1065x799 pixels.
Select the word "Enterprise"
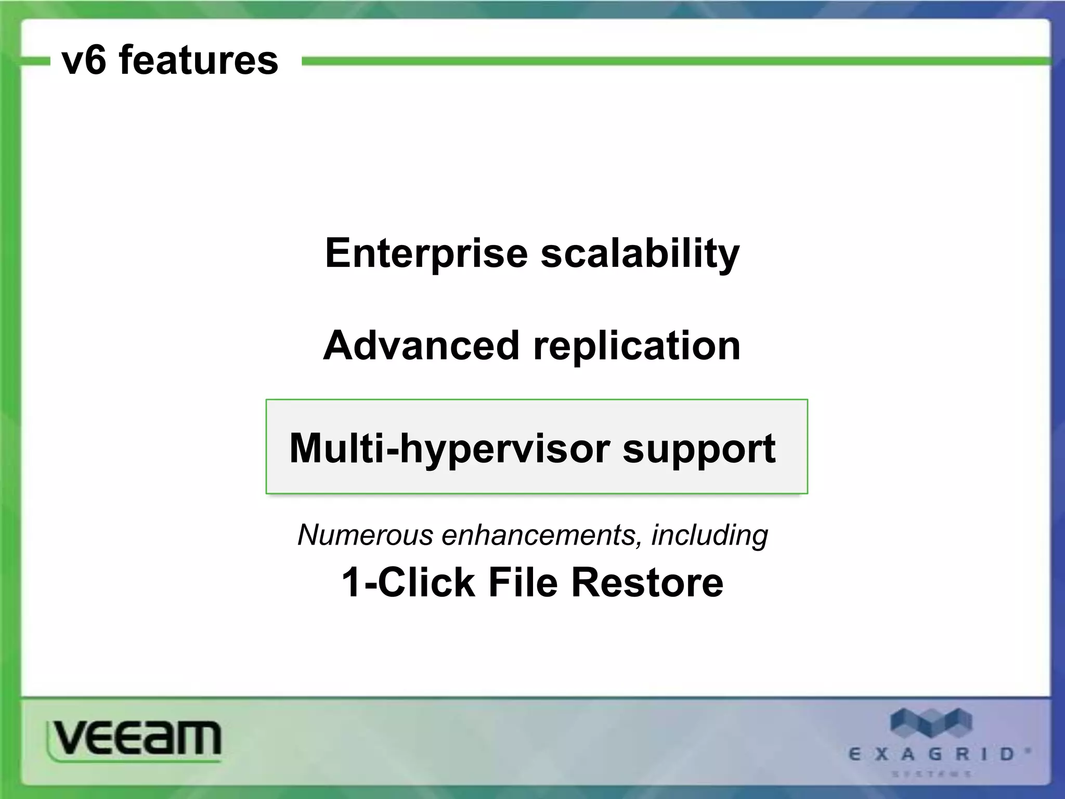point(426,253)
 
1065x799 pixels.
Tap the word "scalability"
point(640,254)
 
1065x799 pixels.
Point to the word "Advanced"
point(421,346)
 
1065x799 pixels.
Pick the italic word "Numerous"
point(365,535)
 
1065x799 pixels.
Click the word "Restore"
point(647,583)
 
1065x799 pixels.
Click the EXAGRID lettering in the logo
point(931,754)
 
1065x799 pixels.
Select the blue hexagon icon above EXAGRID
point(931,723)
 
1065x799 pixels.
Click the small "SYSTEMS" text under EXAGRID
point(931,774)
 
